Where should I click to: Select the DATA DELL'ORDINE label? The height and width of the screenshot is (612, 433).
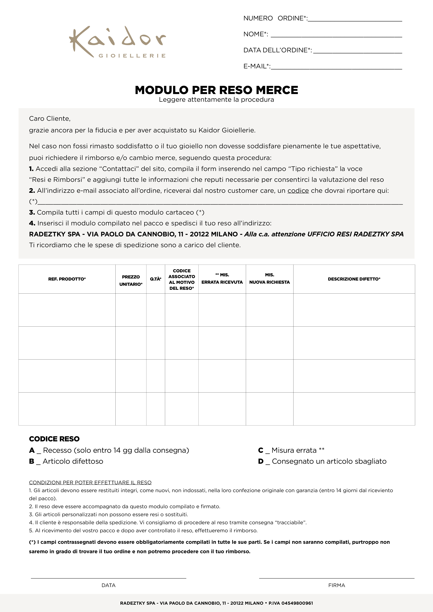[277, 50]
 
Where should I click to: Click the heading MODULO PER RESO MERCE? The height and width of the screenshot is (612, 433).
[216, 90]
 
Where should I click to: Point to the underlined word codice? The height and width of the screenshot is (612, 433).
[298, 191]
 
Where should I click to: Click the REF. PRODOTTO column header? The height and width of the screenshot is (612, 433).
[67, 279]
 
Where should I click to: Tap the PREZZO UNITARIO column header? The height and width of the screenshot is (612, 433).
[131, 280]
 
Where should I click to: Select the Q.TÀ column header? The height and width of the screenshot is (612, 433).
[156, 279]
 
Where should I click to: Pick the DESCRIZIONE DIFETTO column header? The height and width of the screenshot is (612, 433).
[354, 279]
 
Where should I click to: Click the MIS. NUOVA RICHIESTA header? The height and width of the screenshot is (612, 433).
[269, 279]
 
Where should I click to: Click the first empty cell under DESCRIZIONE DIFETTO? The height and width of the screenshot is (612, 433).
[354, 310]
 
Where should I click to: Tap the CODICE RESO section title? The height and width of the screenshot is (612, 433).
[54, 439]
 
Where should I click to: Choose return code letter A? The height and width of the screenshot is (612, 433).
[32, 450]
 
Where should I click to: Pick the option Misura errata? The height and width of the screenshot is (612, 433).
[294, 450]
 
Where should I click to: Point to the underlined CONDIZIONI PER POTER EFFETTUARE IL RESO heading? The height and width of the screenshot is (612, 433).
[90, 482]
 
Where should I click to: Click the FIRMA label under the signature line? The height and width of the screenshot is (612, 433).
[337, 585]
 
